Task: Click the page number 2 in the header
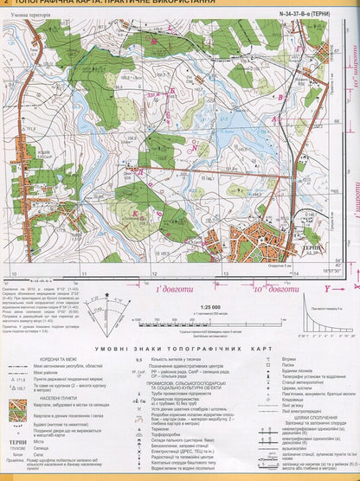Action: [7, 4]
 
